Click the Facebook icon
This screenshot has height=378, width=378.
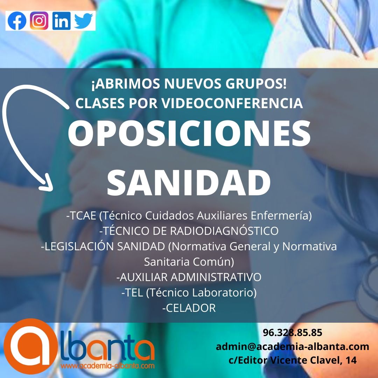click(x=17, y=21)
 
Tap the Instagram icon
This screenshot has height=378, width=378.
click(x=39, y=21)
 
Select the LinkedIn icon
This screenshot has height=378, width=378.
click(x=62, y=21)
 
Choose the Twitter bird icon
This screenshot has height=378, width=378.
click(x=83, y=21)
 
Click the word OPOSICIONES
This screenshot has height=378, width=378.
click(x=189, y=133)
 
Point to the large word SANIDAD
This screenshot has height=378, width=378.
click(x=189, y=182)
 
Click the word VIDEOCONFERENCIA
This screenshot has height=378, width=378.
click(x=232, y=103)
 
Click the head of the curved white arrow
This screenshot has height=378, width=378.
click(x=47, y=183)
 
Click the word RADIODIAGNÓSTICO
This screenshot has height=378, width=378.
click(x=224, y=231)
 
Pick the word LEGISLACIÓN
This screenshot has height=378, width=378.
click(x=79, y=246)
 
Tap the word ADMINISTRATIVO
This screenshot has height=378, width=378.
click(x=216, y=277)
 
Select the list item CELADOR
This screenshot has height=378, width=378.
click(x=189, y=308)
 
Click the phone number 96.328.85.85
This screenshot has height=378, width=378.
click(x=292, y=333)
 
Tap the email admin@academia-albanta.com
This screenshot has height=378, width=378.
click(x=292, y=346)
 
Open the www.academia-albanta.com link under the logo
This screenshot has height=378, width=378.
click(x=107, y=366)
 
